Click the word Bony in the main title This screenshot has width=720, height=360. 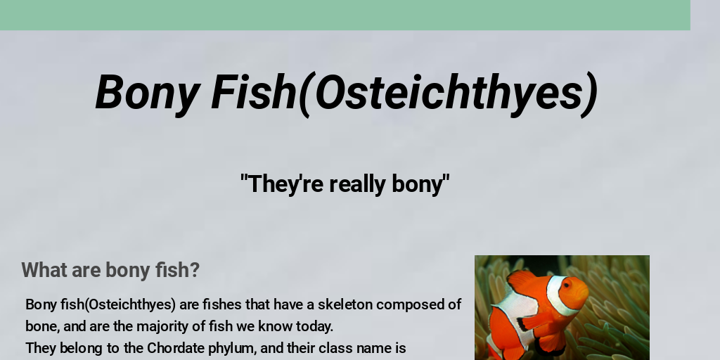coord(147,94)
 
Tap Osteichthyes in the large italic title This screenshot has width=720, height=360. coord(447,92)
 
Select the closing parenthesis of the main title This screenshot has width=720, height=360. coord(589,95)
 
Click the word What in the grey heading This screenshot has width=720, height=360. coord(44,270)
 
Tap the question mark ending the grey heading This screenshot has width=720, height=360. coord(195,270)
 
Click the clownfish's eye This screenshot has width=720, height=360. coord(566,285)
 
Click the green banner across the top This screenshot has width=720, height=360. coord(345,15)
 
